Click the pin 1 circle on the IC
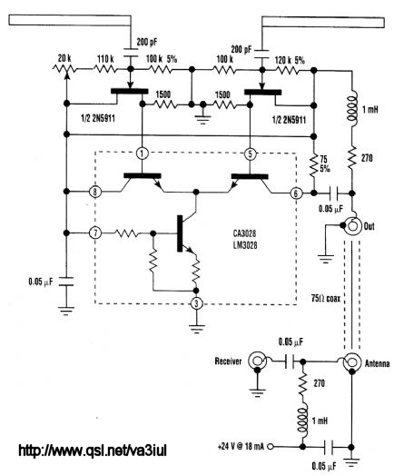(142, 154)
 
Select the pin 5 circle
(250, 154)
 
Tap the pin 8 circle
(95, 192)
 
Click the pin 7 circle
(95, 233)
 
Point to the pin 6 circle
(296, 193)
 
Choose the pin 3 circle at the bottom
(196, 303)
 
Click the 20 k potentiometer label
(64, 58)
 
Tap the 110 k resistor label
(105, 59)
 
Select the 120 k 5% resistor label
(290, 60)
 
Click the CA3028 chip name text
(244, 233)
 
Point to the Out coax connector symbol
(354, 226)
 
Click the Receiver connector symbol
(257, 361)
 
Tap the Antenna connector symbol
(352, 362)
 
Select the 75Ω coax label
(326, 298)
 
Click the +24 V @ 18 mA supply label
(241, 447)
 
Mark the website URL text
(93, 451)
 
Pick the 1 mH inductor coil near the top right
(352, 109)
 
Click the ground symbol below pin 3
(196, 329)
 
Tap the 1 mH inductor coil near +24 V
(302, 421)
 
